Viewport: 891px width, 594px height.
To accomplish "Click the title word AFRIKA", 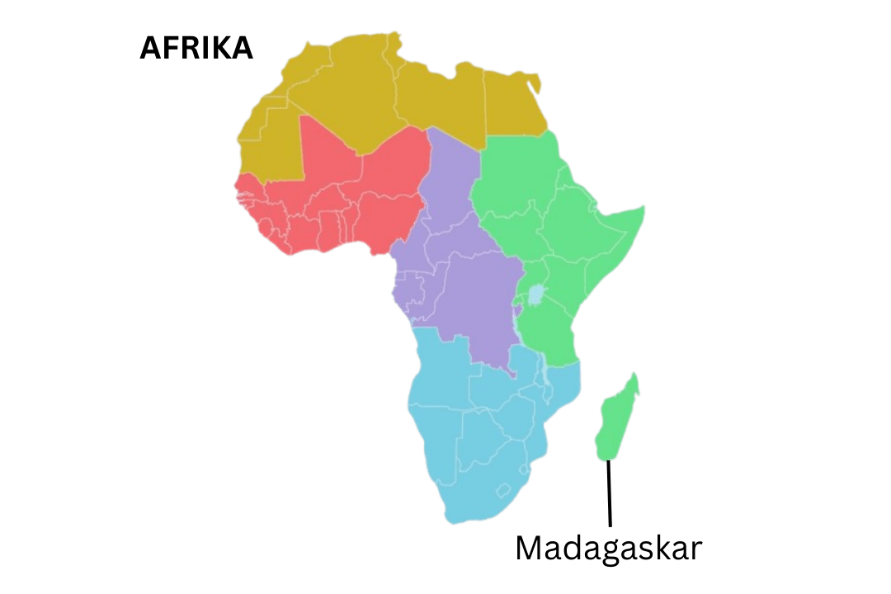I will pyautogui.click(x=196, y=49).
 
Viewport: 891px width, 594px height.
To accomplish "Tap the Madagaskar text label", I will pyautogui.click(x=608, y=549).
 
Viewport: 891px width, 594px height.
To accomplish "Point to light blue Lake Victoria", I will pyautogui.click(x=537, y=294).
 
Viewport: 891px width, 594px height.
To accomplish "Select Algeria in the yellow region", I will pyautogui.click(x=346, y=99).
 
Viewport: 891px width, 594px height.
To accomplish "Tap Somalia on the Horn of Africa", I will pyautogui.click(x=615, y=235).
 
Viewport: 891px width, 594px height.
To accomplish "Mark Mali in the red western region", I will pyautogui.click(x=330, y=165).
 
